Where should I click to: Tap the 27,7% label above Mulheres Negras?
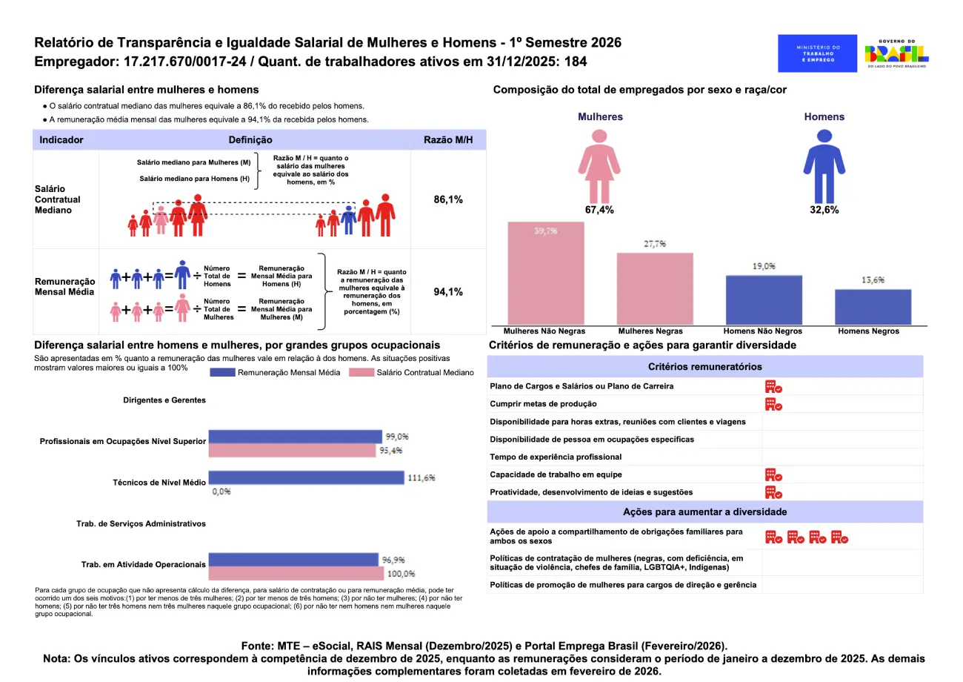pos(655,244)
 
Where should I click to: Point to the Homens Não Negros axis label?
pos(763,331)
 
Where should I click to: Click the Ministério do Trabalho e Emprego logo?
pos(817,53)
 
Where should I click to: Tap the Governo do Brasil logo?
pos(896,54)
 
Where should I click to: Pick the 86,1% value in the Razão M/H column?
pos(448,200)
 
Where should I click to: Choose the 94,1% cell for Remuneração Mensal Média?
pos(448,292)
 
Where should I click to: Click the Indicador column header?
pos(61,140)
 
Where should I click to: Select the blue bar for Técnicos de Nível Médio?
pos(306,478)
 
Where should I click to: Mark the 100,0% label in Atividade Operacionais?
pos(399,574)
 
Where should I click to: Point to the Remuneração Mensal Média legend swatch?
pos(221,373)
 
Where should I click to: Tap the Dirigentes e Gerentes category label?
pos(164,400)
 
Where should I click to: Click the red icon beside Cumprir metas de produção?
pos(773,404)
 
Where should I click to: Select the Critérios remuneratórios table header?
pos(704,367)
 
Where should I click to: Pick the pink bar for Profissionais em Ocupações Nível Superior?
pos(295,450)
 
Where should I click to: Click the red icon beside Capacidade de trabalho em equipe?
pos(773,474)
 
